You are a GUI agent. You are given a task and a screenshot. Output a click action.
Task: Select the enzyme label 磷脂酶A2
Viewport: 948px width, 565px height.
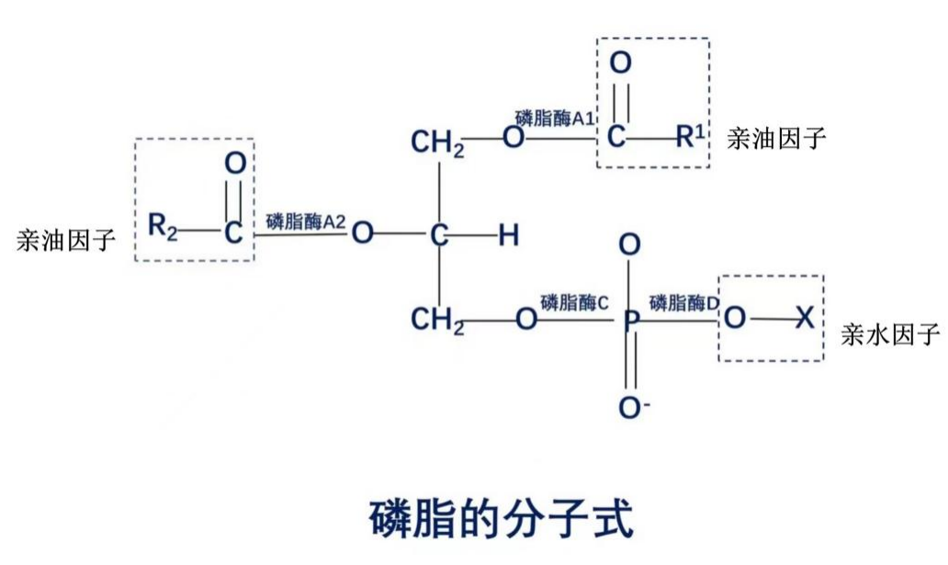tap(306, 221)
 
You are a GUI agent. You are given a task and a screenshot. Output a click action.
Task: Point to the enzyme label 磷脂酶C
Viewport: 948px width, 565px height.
tap(575, 302)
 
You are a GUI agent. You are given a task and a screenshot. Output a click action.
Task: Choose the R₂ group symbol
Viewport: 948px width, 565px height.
tap(163, 226)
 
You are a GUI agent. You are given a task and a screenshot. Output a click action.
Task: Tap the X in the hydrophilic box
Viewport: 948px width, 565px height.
tap(804, 319)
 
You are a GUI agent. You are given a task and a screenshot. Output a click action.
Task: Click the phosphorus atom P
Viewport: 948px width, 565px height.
tap(630, 322)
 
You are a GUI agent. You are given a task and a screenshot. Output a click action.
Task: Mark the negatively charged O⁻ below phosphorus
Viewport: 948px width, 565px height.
tap(632, 407)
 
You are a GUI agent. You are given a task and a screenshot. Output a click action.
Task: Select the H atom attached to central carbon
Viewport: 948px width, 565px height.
tap(508, 236)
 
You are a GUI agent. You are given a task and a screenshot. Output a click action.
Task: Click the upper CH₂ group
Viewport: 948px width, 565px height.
tap(437, 143)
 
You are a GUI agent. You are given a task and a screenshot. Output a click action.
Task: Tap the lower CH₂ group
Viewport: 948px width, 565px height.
tap(437, 320)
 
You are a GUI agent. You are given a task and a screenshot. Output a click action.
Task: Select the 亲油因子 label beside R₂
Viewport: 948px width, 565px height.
tap(66, 241)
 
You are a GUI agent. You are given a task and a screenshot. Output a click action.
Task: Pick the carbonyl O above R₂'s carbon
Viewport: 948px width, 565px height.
tap(235, 164)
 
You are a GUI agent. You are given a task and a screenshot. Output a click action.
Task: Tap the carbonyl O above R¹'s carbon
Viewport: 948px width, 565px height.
tap(620, 64)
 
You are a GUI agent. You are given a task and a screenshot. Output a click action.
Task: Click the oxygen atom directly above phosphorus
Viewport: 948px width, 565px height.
tap(630, 245)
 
